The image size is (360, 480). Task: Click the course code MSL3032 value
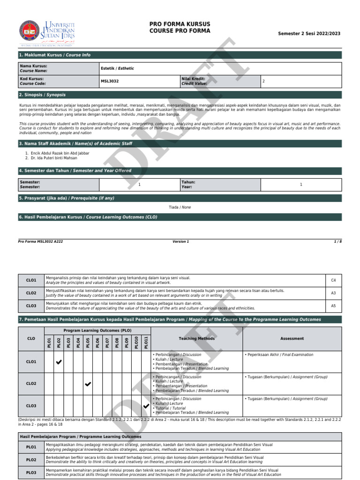coord(109,81)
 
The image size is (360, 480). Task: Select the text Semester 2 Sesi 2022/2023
coord(309,34)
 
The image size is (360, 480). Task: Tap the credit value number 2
coord(263,81)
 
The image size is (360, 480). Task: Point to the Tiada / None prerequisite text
coord(180,207)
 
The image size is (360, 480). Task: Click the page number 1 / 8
coord(337,241)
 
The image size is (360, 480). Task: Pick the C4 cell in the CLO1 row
coord(333,280)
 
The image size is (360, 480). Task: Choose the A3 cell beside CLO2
coord(333,293)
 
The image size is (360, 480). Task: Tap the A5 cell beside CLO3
coord(333,306)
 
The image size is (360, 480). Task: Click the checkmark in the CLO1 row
coord(59,362)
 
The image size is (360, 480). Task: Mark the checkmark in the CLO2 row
coord(88,384)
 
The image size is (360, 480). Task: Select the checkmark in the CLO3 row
coord(146,406)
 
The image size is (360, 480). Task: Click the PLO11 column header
coord(146,342)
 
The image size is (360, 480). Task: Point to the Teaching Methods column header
coord(196,338)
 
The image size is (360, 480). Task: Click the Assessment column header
coord(292,338)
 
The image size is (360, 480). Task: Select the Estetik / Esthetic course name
coord(117,68)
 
